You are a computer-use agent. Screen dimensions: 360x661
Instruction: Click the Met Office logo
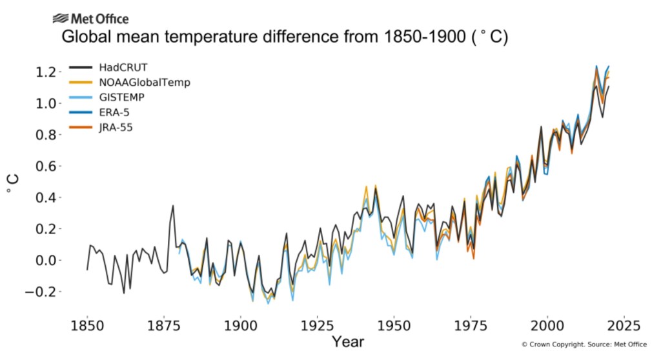point(90,19)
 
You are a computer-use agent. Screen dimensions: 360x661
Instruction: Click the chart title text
point(285,37)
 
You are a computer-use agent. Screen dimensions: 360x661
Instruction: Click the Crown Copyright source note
point(584,345)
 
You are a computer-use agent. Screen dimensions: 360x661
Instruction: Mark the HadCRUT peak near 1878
point(173,206)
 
